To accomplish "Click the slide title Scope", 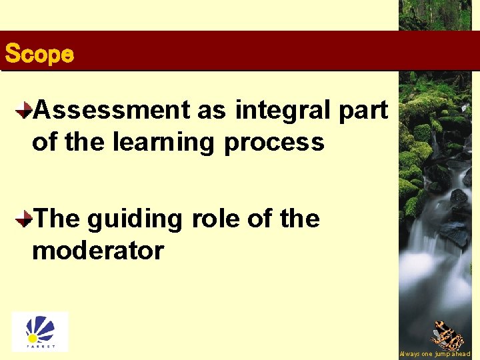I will (39, 54).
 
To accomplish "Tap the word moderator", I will (97, 251).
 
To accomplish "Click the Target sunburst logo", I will (40, 331).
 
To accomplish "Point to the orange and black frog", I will (447, 335).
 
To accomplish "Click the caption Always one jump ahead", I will (435, 354).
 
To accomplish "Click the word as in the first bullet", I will (211, 110).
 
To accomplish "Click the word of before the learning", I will (44, 142).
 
